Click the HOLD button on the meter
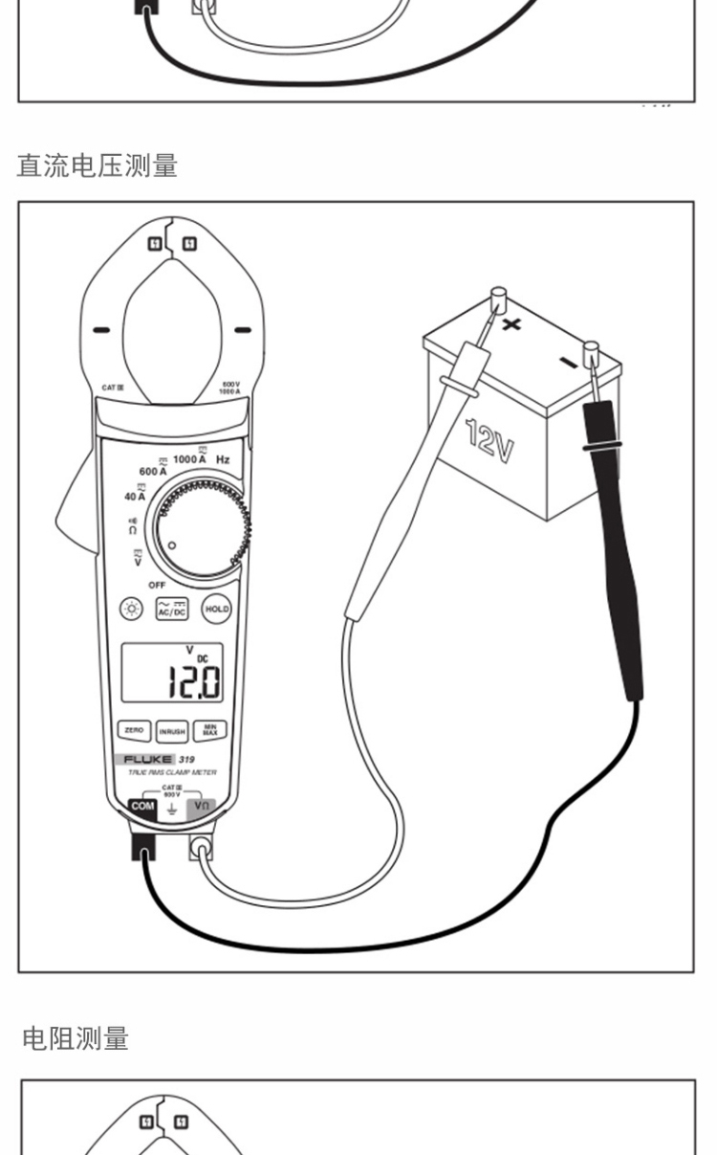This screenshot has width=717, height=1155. tap(216, 610)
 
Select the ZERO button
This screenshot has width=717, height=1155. tap(133, 730)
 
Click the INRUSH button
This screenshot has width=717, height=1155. tap(172, 731)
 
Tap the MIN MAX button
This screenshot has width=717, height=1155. tap(210, 731)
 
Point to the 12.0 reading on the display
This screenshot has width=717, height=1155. tap(194, 681)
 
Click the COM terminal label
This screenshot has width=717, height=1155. tap(141, 807)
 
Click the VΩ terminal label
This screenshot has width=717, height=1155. tap(202, 807)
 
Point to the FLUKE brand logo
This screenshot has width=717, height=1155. tap(148, 759)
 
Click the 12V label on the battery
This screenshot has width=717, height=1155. tap(490, 440)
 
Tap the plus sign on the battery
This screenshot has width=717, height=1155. tap(512, 323)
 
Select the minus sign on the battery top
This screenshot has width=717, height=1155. tap(568, 363)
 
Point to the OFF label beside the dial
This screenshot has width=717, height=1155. tap(157, 585)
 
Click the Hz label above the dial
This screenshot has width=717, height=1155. tap(223, 460)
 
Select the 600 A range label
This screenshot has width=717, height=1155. tap(153, 472)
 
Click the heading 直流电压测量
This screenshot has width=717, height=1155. tap(98, 166)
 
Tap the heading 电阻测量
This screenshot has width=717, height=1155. tap(75, 1038)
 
